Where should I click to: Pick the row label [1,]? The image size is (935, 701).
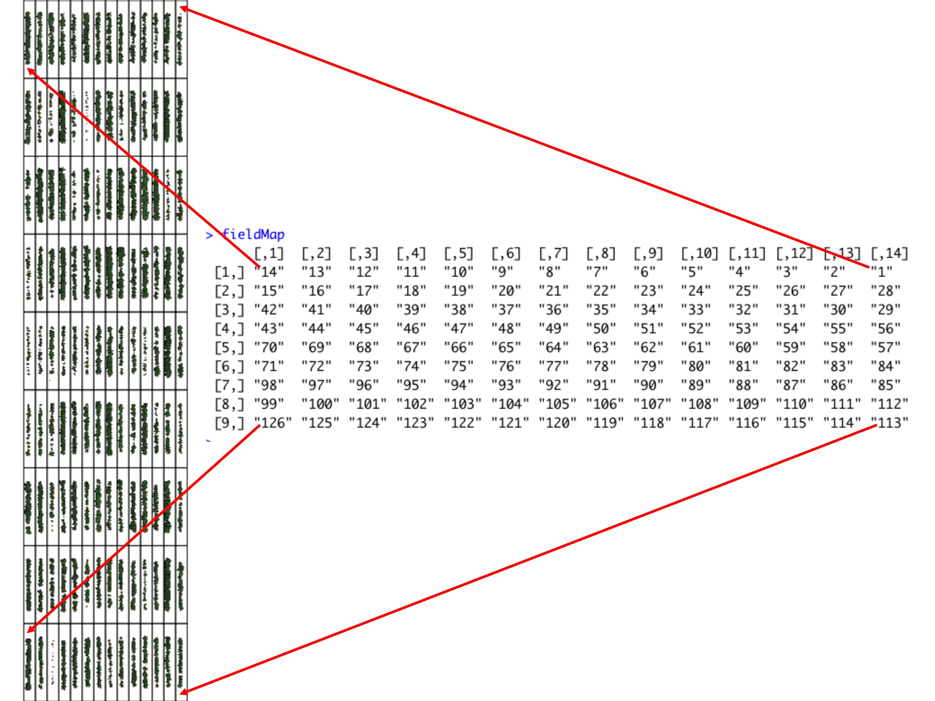[x=229, y=272]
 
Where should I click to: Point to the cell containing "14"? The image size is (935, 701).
[x=269, y=272]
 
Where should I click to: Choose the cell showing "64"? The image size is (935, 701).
[x=553, y=347]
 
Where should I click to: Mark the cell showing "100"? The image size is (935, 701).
[x=320, y=404]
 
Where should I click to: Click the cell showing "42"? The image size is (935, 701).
[x=269, y=310]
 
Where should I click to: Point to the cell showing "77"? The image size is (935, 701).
[x=553, y=366]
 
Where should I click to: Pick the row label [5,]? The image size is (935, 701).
[x=229, y=347]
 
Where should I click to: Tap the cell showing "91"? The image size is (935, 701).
[x=601, y=385]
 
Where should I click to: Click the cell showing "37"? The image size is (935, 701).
[x=506, y=310]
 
